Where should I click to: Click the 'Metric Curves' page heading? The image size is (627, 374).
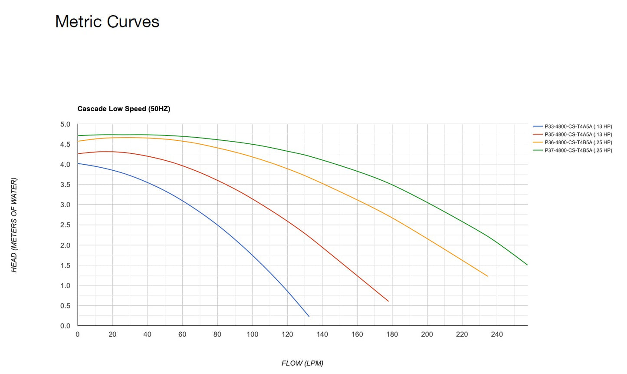point(107,22)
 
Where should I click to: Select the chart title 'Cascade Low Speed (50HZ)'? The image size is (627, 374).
point(124,109)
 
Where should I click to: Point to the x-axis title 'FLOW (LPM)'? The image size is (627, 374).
point(302,363)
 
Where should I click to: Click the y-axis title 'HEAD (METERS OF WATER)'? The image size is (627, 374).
point(14,225)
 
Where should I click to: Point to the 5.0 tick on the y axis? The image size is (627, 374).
point(65,125)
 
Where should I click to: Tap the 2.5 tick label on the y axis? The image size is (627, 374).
point(65,225)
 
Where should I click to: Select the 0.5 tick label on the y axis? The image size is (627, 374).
point(65,306)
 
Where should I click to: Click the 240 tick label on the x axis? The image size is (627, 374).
point(497,334)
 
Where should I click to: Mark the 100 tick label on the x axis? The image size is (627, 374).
point(253,334)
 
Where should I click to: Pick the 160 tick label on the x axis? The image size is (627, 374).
point(357,334)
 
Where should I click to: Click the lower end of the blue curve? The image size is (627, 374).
point(309,316)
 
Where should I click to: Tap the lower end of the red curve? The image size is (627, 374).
point(388,301)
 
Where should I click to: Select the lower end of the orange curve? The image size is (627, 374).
point(487,276)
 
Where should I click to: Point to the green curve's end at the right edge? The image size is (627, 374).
point(527,265)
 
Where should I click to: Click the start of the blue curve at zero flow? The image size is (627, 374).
point(78,163)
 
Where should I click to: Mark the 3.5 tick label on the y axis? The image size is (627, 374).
point(65,185)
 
